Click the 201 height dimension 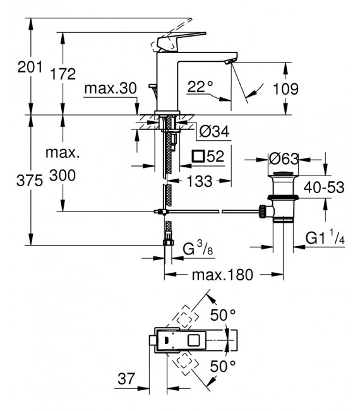coord(15,66)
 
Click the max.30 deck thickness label coord(110,89)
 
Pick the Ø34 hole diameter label coord(213,131)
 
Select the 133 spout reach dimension coord(200,181)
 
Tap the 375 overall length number coord(15,181)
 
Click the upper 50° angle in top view coord(223,313)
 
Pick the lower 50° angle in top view coord(223,366)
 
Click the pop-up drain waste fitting coord(282,199)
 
